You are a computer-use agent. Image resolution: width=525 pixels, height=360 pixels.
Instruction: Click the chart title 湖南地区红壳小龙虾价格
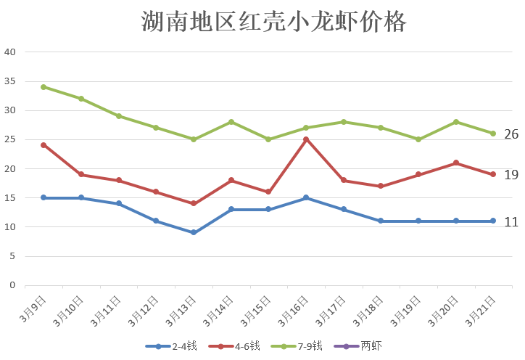coord(273,22)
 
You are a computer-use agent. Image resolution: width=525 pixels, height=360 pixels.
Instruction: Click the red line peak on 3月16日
coord(306,139)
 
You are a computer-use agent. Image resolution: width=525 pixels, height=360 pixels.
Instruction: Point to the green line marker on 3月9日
coord(44,87)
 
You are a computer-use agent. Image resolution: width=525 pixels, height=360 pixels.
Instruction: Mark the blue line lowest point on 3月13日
coord(194,232)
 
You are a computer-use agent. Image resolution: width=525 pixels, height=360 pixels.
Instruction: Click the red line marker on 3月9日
coord(44,145)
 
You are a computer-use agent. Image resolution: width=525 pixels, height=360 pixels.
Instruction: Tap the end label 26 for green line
coord(511,134)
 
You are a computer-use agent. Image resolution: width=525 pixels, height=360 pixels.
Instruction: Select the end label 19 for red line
coord(511,175)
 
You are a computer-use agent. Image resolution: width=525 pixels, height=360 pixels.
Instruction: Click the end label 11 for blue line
coord(511,222)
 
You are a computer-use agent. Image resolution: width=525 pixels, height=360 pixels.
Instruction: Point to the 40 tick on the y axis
coord(10,52)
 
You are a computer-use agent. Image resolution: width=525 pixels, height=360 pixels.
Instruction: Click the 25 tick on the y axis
coord(10,139)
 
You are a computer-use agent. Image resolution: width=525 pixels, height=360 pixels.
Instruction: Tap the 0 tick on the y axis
coord(12,285)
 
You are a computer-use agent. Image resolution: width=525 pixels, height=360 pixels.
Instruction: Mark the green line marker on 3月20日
coord(456,122)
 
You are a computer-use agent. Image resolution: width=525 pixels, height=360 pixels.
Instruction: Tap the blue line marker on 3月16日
coord(306,197)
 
